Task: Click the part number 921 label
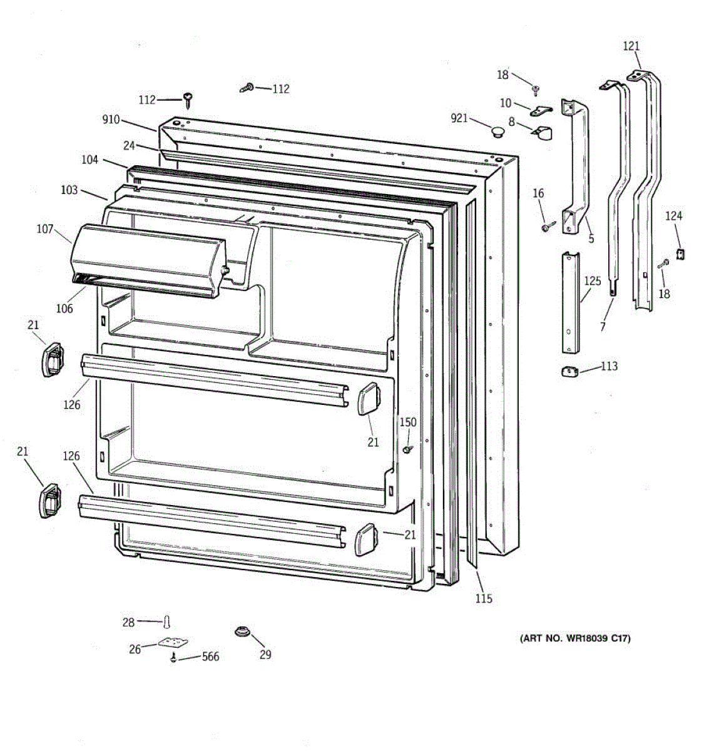pyautogui.click(x=459, y=118)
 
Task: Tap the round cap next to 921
pyautogui.click(x=497, y=131)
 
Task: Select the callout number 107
pyautogui.click(x=45, y=229)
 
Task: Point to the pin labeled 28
pyautogui.click(x=167, y=622)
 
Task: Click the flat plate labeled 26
pyautogui.click(x=173, y=643)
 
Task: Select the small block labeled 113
pyautogui.click(x=568, y=371)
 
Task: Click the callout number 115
pyautogui.click(x=483, y=598)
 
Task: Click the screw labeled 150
pyautogui.click(x=408, y=449)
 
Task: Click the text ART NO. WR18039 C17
pyautogui.click(x=574, y=638)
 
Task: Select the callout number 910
pyautogui.click(x=111, y=119)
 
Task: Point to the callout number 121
pyautogui.click(x=631, y=46)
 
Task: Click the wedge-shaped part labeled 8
pyautogui.click(x=542, y=133)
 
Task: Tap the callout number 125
pyautogui.click(x=592, y=281)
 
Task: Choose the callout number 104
pyautogui.click(x=89, y=160)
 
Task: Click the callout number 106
pyautogui.click(x=64, y=308)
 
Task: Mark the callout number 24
pyautogui.click(x=129, y=146)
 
